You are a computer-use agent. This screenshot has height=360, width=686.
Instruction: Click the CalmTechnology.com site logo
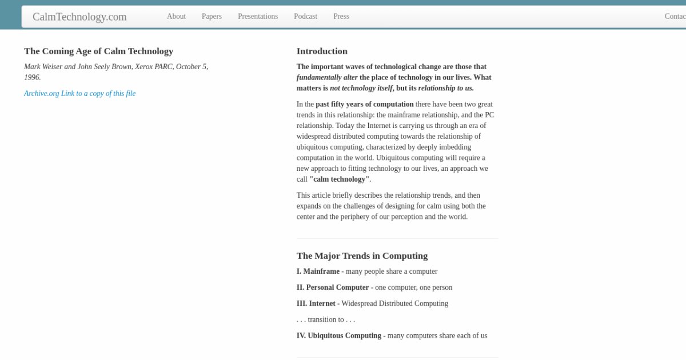pyautogui.click(x=79, y=17)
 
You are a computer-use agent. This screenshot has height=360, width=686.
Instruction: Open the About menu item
pyautogui.click(x=176, y=17)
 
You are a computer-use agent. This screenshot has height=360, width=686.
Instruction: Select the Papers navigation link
pyautogui.click(x=212, y=17)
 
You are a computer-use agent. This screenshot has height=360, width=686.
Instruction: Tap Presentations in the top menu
pyautogui.click(x=258, y=17)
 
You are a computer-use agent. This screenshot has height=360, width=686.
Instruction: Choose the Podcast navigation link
pyautogui.click(x=305, y=17)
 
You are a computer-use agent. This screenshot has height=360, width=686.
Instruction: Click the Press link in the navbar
pyautogui.click(x=341, y=17)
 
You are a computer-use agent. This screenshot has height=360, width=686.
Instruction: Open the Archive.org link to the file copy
pyautogui.click(x=79, y=94)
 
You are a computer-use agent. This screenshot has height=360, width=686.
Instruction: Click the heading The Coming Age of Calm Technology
pyautogui.click(x=98, y=51)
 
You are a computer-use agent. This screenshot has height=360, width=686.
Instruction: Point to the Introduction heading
pyautogui.click(x=322, y=51)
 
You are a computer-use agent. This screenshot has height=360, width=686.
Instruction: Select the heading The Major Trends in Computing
pyautogui.click(x=362, y=255)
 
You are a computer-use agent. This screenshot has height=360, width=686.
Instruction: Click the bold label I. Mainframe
pyautogui.click(x=318, y=271)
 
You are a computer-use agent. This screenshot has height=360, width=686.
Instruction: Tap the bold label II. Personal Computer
pyautogui.click(x=333, y=287)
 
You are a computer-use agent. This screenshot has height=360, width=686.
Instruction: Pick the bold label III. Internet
pyautogui.click(x=316, y=303)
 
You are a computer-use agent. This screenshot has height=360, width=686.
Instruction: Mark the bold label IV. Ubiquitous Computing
pyautogui.click(x=338, y=335)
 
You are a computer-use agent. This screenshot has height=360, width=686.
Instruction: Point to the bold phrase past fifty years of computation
pyautogui.click(x=364, y=104)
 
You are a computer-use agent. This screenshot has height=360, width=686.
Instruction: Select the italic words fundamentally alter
pyautogui.click(x=327, y=77)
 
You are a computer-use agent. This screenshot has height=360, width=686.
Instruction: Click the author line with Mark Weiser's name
pyautogui.click(x=115, y=67)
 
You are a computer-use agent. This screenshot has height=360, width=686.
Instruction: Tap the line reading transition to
pyautogui.click(x=325, y=319)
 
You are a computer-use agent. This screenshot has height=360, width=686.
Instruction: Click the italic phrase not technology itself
pyautogui.click(x=361, y=88)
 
